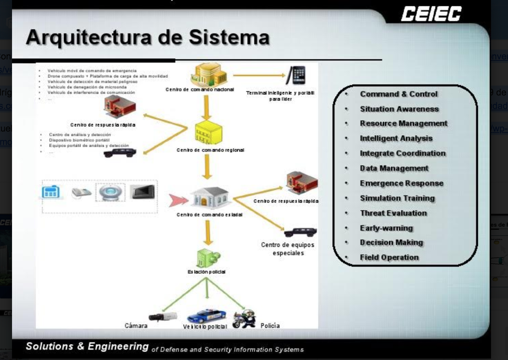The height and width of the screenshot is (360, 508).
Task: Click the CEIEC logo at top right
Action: coord(431,14)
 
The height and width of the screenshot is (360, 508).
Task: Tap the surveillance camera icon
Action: coord(163,316)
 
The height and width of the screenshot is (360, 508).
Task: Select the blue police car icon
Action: coord(206,315)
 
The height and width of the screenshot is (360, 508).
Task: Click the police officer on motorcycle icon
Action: coord(244,318)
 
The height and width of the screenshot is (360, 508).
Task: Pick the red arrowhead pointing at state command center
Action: coord(178,200)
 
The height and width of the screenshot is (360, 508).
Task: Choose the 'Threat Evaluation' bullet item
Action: coord(393,213)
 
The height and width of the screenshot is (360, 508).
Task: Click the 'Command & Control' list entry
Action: coord(399,94)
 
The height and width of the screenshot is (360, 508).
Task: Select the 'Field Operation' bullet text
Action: coord(389,257)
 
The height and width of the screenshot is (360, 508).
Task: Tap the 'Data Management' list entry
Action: coord(394,168)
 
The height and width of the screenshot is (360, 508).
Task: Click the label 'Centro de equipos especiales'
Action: coord(288,249)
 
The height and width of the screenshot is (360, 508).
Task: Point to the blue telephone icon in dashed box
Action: coord(51,192)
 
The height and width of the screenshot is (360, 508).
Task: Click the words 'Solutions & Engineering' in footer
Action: coord(87,346)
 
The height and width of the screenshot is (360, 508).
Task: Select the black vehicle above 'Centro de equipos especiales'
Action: coord(300,232)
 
